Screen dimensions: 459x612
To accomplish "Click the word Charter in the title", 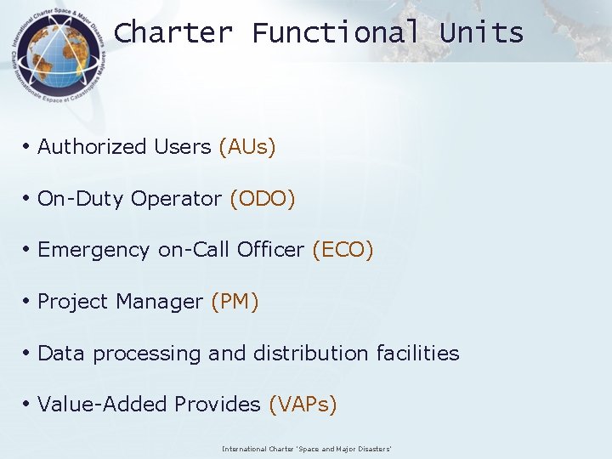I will point(173,33).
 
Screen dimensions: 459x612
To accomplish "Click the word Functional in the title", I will point(336,33).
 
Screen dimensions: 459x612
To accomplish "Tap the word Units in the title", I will point(481,33).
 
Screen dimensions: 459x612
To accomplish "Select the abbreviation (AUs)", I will point(247,147).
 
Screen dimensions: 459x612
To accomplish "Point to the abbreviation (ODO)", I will point(263,199).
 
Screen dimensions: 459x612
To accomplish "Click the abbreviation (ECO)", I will point(343,250).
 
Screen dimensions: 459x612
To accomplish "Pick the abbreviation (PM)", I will point(235,302).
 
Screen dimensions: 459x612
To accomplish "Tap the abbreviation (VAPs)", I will point(303,405).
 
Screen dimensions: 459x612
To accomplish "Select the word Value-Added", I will point(103,405).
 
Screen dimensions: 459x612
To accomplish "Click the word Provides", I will point(218,405).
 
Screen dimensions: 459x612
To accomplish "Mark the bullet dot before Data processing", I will point(27,354).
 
